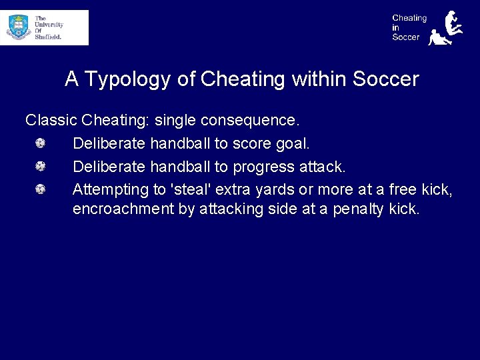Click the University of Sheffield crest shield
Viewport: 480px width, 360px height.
(19, 27)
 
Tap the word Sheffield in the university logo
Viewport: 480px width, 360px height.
(49, 37)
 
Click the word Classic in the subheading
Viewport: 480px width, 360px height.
(51, 121)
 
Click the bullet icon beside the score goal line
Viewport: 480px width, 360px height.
(41, 143)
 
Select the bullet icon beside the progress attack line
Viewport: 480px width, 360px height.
(41, 166)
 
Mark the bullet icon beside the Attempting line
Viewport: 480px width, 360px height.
(41, 189)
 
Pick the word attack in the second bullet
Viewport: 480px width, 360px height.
(322, 167)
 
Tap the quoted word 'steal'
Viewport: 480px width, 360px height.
(191, 189)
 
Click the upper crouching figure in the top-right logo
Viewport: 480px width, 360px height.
(455, 22)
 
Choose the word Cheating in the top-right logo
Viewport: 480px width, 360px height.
(409, 18)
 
